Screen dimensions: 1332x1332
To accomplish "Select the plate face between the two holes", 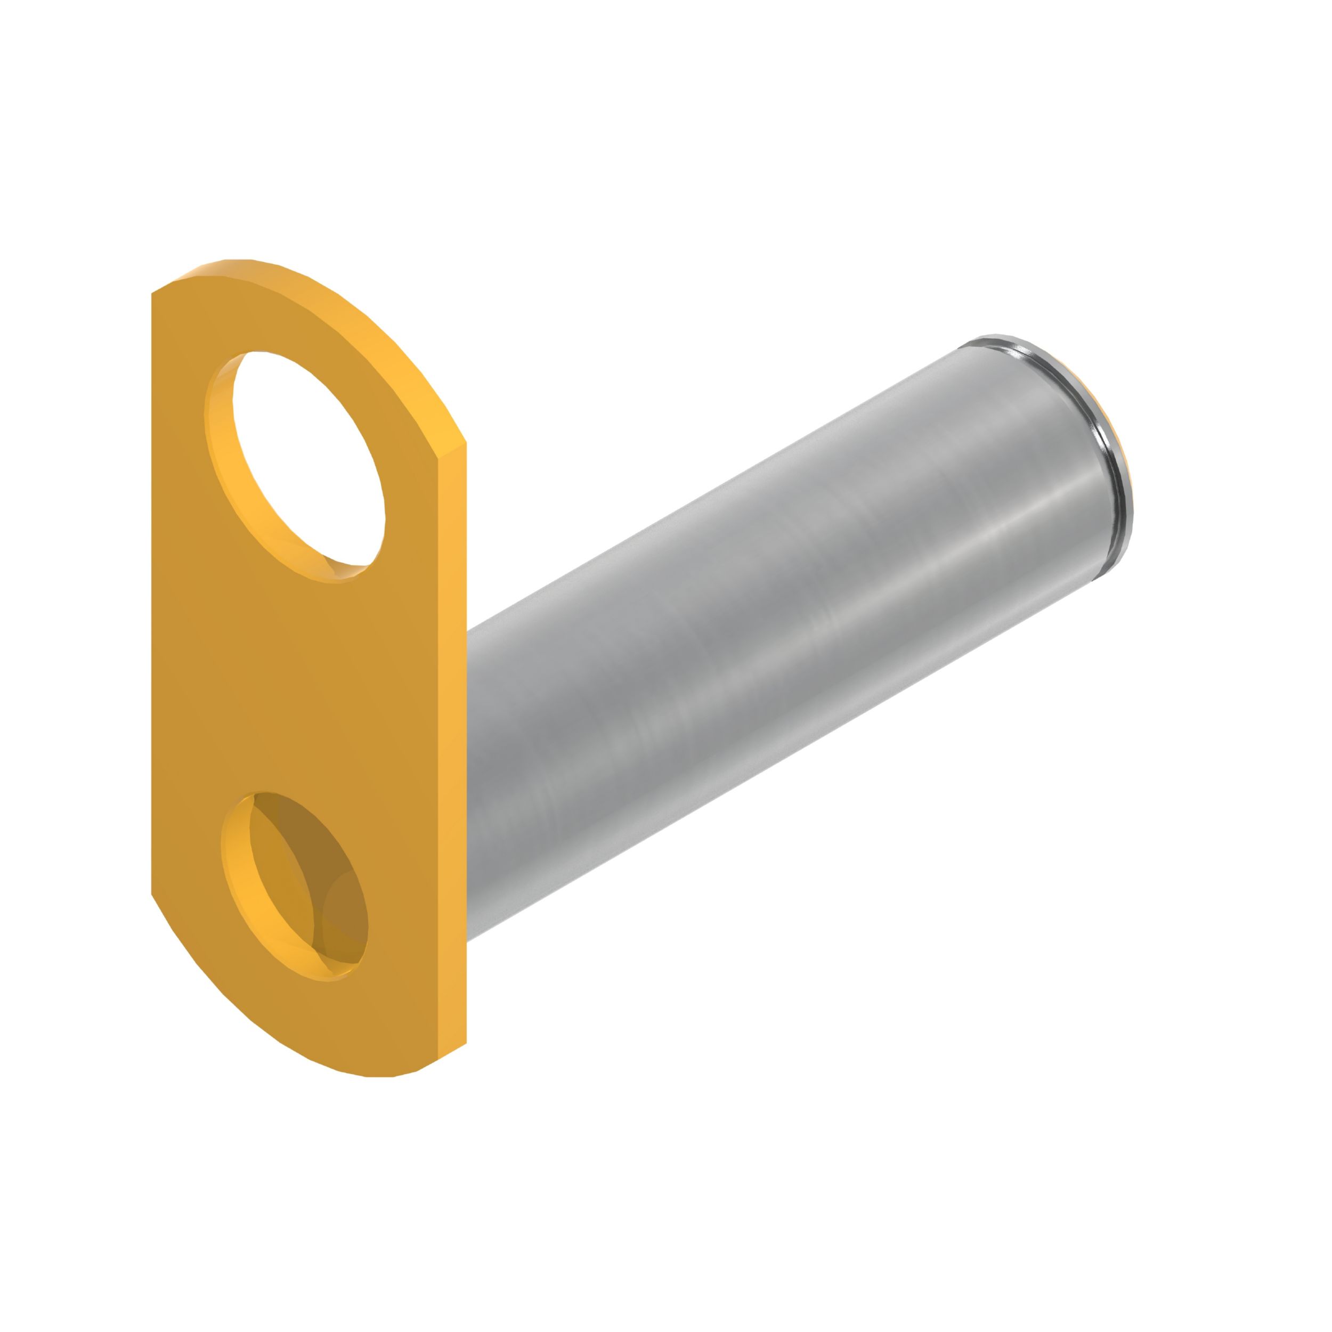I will click(x=303, y=683).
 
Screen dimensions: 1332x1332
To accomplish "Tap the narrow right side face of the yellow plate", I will click(x=452, y=758).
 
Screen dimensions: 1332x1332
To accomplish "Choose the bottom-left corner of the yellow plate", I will click(x=155, y=893).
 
